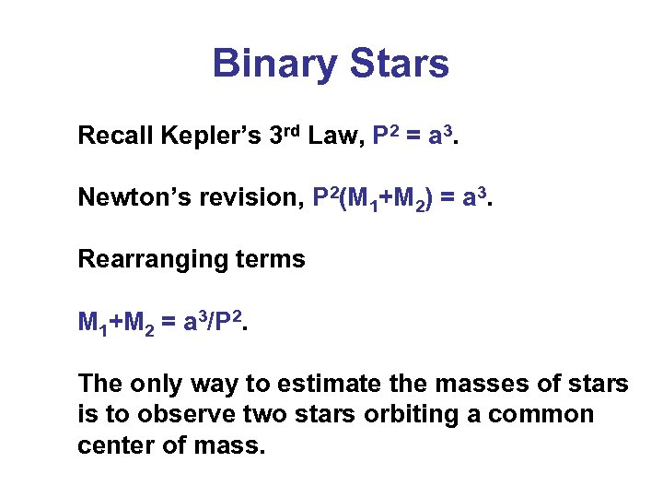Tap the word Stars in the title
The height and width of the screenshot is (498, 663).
click(393, 65)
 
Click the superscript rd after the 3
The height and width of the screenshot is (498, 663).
click(293, 130)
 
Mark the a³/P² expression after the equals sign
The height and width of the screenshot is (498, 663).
click(214, 321)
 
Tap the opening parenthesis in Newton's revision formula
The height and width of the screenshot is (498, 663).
click(343, 197)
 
